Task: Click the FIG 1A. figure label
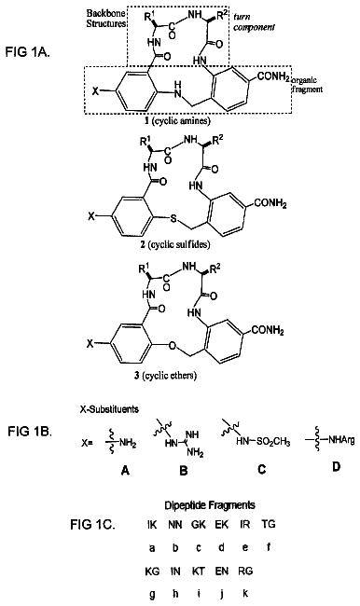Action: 27,52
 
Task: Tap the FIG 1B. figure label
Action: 30,432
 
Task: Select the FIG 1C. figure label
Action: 92,525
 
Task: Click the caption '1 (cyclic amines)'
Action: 177,120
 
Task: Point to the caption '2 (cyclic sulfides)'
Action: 175,244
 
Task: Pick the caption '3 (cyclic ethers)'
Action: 165,375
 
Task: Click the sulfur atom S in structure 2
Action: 173,219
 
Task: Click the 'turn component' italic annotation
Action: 254,22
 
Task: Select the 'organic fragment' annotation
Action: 307,85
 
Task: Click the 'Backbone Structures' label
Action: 106,18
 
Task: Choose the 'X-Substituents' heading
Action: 109,409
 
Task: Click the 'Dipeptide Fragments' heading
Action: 210,505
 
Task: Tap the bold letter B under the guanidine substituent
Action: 184,471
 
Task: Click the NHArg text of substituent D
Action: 341,440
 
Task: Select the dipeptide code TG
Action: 269,524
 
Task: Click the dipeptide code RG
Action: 245,571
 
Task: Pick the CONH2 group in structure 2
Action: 270,203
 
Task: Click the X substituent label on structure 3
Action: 90,343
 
